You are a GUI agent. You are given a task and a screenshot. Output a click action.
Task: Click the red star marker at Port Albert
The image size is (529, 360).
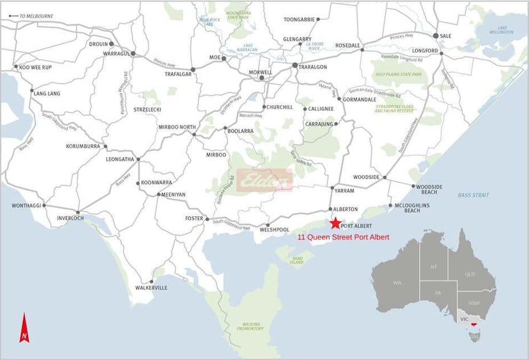click(335, 223)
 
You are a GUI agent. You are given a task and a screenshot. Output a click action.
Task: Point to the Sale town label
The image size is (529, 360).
click(445, 36)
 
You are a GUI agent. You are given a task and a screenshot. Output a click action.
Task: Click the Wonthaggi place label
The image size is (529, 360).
click(26, 205)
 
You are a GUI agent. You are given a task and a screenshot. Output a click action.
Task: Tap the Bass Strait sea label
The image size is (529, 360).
click(473, 195)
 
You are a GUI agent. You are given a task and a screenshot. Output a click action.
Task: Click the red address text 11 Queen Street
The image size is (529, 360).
click(343, 237)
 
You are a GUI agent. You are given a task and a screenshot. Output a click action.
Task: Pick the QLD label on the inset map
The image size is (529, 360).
click(470, 274)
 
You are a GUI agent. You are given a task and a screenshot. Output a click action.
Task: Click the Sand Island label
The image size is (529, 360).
click(297, 260)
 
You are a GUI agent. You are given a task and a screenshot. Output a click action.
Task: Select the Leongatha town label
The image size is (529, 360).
click(120, 159)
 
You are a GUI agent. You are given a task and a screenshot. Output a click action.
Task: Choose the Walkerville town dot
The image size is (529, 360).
click(152, 282)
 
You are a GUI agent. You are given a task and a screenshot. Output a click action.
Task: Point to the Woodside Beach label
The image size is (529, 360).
click(430, 189)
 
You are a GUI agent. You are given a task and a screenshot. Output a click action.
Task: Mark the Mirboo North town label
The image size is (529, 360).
click(174, 127)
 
